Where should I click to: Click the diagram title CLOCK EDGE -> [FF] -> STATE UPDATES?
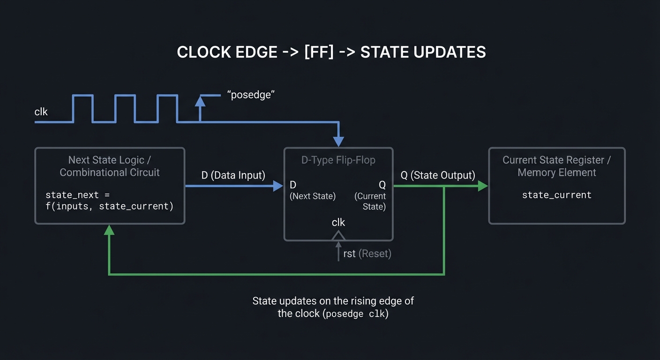[x=331, y=52]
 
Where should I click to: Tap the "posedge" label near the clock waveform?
[x=250, y=94]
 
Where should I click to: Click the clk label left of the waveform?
[x=41, y=112]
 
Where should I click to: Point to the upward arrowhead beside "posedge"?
[x=200, y=100]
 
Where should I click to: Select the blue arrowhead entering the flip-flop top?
[x=338, y=141]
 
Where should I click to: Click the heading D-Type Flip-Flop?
[x=338, y=160]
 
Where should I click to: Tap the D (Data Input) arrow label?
[x=233, y=175]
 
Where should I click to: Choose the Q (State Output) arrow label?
[x=438, y=175]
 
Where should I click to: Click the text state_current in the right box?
[x=556, y=195]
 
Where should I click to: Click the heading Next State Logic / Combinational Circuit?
[x=110, y=166]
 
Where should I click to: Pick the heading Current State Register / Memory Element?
[x=556, y=166]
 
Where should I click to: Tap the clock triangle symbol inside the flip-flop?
[x=338, y=235]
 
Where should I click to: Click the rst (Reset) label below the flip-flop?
[x=367, y=254]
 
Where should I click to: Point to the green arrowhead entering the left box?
[x=109, y=230]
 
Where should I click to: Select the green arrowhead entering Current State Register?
[x=482, y=186]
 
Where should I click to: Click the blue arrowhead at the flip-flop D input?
[x=278, y=186]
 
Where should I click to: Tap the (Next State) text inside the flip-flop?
[x=313, y=196]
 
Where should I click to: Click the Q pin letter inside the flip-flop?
[x=382, y=184]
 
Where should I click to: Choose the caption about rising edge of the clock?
[x=333, y=307]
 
